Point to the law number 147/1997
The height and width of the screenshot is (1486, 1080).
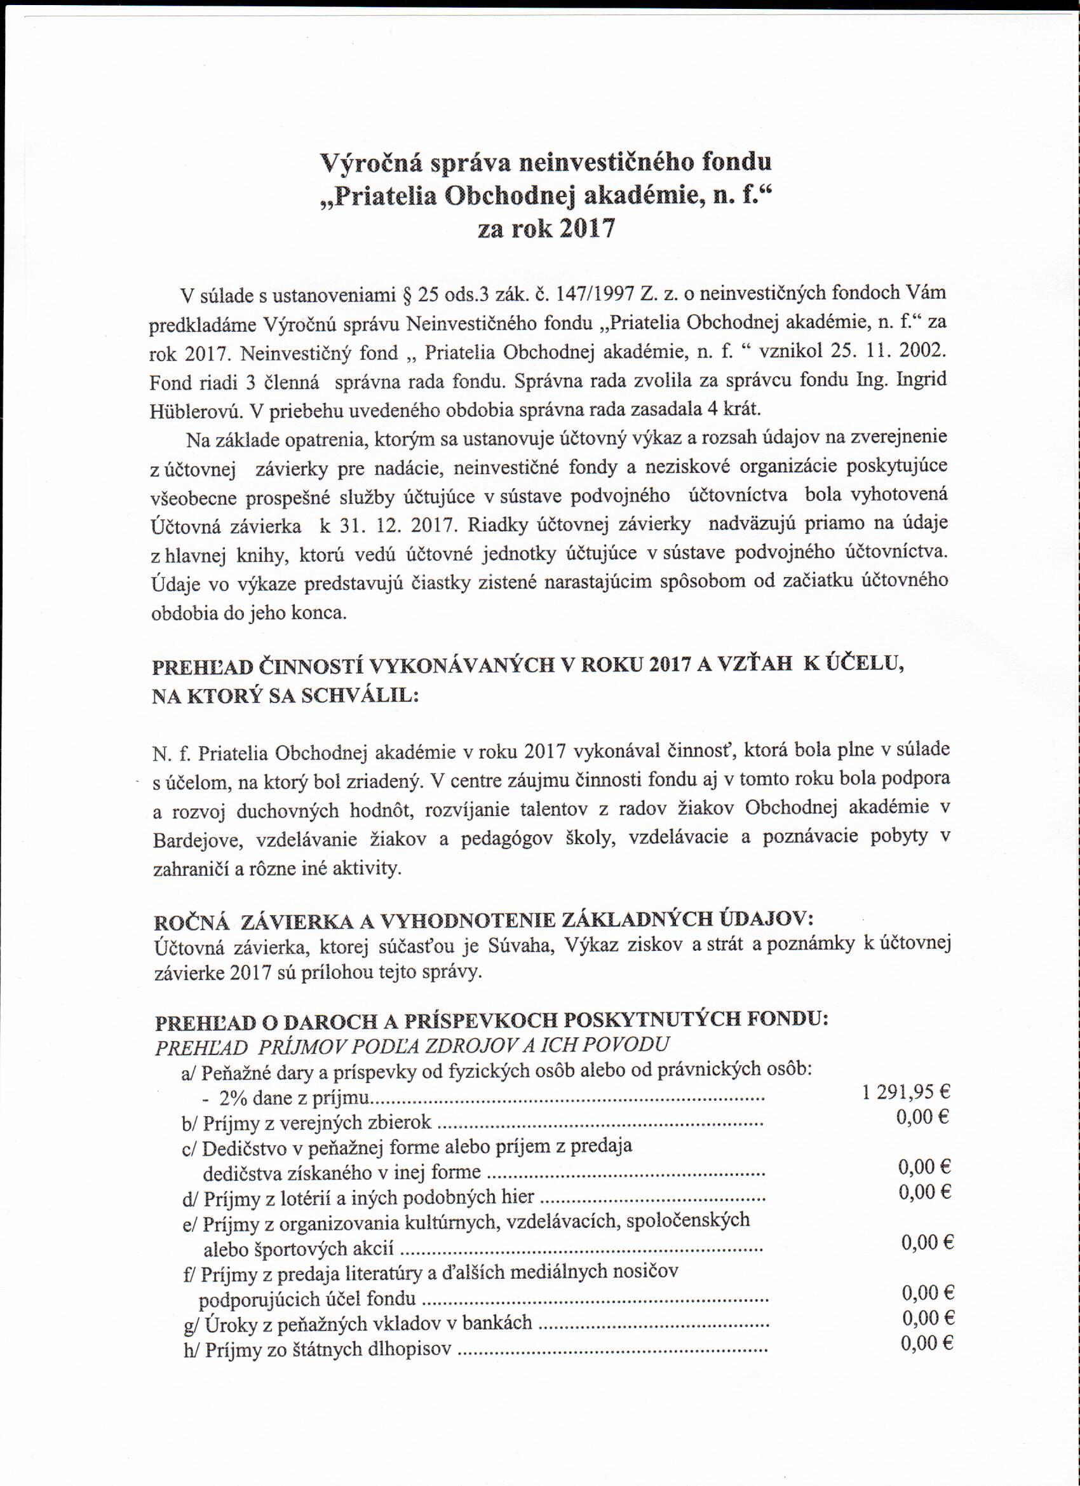coord(595,294)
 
